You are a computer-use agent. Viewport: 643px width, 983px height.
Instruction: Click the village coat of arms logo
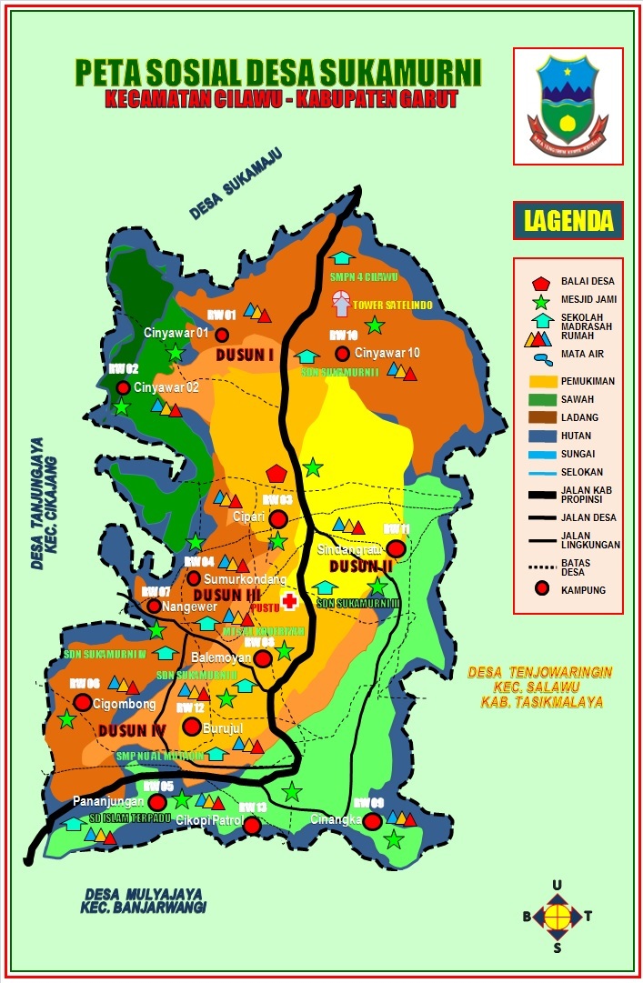(568, 105)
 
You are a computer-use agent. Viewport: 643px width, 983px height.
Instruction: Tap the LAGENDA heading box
(568, 220)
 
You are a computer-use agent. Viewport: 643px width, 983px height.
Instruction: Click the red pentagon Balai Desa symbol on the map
(276, 473)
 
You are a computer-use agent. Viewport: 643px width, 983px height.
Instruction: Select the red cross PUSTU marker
(289, 600)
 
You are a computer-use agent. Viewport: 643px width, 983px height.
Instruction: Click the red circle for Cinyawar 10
(342, 353)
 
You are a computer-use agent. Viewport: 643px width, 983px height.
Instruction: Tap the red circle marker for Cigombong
(83, 702)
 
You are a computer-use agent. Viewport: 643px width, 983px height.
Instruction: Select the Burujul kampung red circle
(191, 726)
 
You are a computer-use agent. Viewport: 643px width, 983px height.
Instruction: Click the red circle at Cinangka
(372, 821)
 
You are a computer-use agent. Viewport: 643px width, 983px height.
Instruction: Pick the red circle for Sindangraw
(396, 548)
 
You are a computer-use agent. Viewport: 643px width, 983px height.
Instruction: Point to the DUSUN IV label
(123, 730)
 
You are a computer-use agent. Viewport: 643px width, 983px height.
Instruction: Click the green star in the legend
(541, 301)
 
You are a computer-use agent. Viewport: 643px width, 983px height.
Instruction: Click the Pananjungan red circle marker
(157, 802)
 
